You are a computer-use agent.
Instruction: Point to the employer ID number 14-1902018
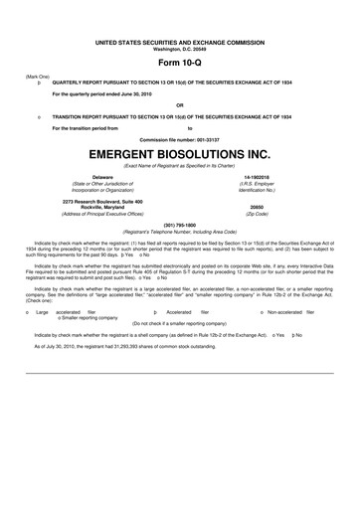(258, 177)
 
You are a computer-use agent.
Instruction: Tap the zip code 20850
(258, 207)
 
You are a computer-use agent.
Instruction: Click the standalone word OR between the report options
(179, 105)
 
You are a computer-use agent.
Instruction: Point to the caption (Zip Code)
(258, 214)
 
